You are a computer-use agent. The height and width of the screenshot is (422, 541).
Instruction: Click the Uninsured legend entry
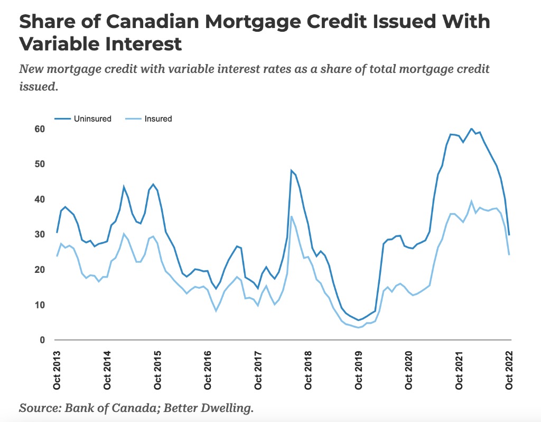[x=92, y=119]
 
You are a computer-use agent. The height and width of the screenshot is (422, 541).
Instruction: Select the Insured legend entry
[x=158, y=119]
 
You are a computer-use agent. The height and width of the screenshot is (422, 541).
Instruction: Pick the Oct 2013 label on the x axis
[x=57, y=370]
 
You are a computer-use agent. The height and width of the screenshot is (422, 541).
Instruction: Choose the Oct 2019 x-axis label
[x=359, y=370]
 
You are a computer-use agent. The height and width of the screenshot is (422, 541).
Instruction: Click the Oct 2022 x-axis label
[x=510, y=370]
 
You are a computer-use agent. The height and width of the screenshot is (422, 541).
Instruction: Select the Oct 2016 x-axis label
[x=208, y=370]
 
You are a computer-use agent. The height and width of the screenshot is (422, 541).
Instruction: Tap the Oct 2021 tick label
[x=460, y=370]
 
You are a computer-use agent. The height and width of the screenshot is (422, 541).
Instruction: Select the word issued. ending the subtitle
[x=38, y=86]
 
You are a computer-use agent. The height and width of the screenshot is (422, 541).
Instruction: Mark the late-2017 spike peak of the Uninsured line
[x=291, y=170]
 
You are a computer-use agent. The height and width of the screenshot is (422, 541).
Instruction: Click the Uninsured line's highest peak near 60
[x=471, y=129]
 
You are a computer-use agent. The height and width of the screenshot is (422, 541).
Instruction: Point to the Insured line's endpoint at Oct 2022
[x=509, y=255]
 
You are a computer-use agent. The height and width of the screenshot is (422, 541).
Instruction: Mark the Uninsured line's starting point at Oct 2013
[x=57, y=233]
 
